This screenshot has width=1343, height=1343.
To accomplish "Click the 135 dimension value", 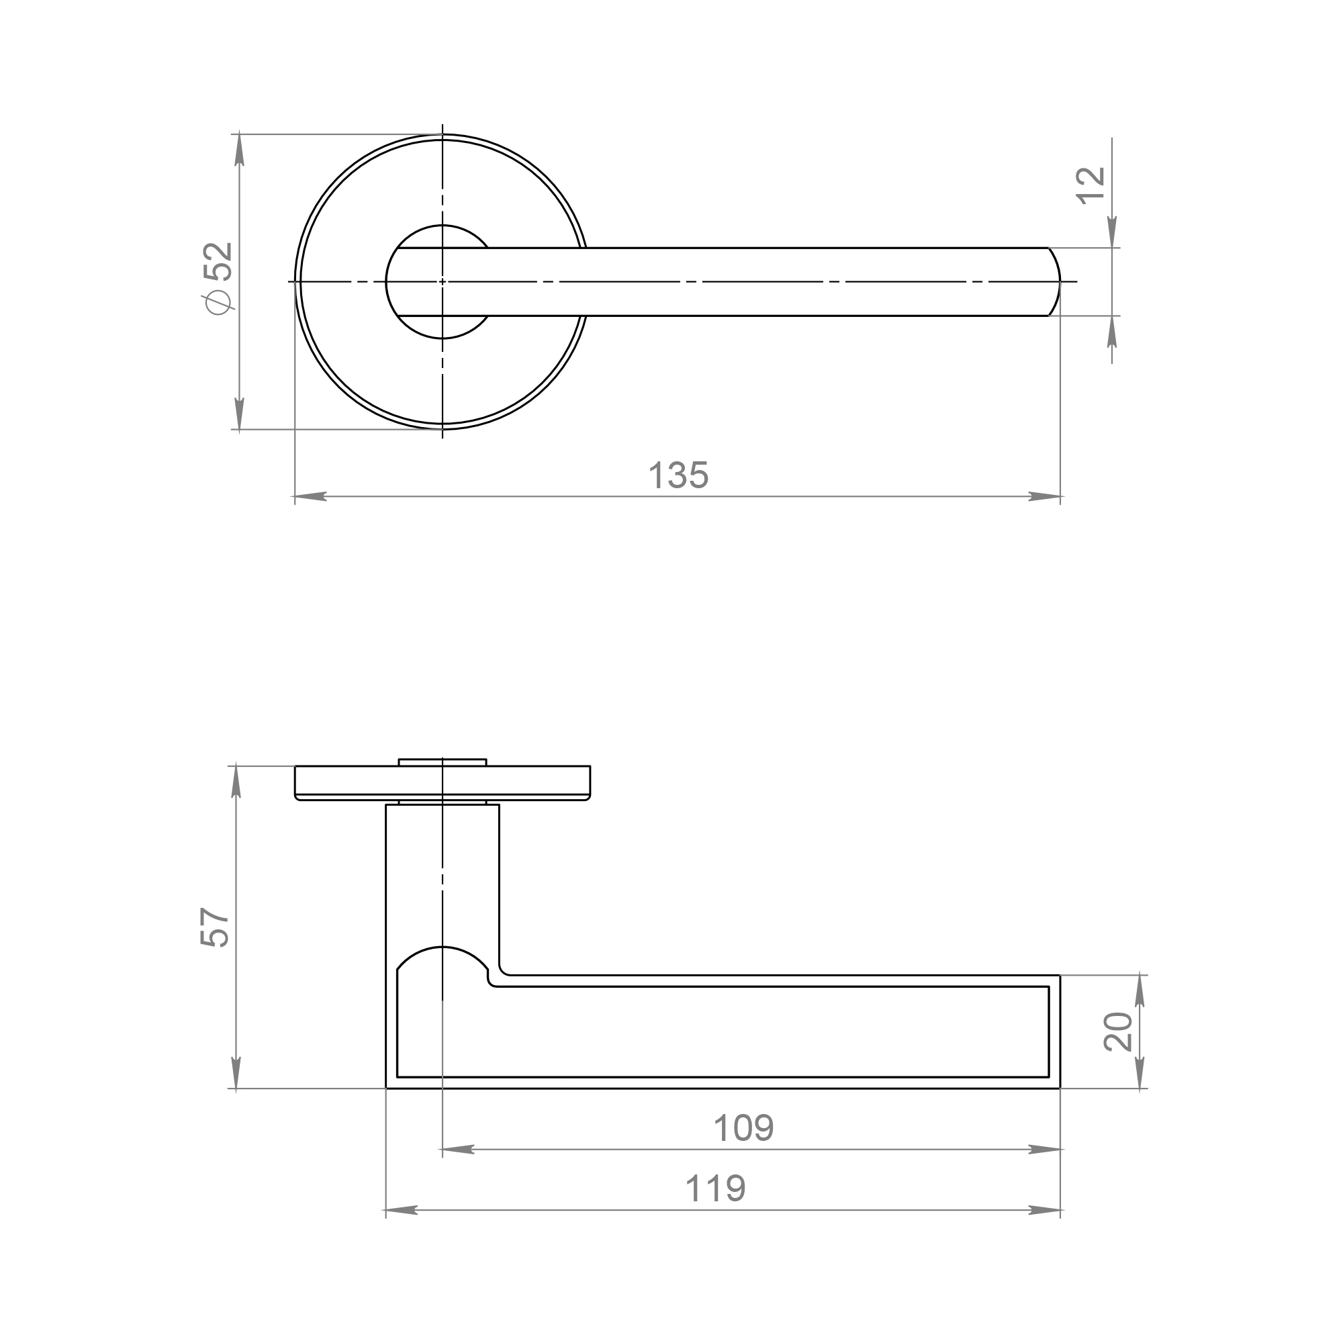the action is point(678,475).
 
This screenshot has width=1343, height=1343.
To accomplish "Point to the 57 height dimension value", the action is point(214,927).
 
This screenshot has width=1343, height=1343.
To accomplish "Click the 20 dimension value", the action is point(1119,1031).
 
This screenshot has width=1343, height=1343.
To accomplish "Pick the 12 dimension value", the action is point(1091,185).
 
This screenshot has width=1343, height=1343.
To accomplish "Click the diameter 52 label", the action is point(218,278).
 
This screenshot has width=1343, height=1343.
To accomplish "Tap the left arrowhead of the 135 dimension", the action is point(310,496).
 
